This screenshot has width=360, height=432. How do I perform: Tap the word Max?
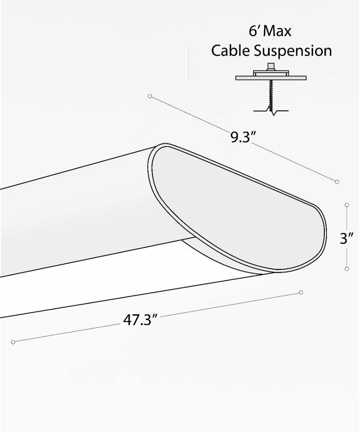click(277, 32)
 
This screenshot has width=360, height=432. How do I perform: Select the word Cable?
click(231, 51)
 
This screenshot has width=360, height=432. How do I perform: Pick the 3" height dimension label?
click(348, 238)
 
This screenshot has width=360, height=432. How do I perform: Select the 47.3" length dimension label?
click(141, 320)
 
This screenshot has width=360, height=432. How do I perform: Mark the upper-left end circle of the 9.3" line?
click(150, 96)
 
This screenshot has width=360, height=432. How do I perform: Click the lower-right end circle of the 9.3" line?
click(337, 182)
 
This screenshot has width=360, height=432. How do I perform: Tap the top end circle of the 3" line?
click(347, 205)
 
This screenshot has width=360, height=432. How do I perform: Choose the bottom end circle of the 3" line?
click(347, 269)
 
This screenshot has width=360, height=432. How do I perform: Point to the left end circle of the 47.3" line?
click(13, 342)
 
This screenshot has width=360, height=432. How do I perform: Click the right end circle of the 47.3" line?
click(301, 292)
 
